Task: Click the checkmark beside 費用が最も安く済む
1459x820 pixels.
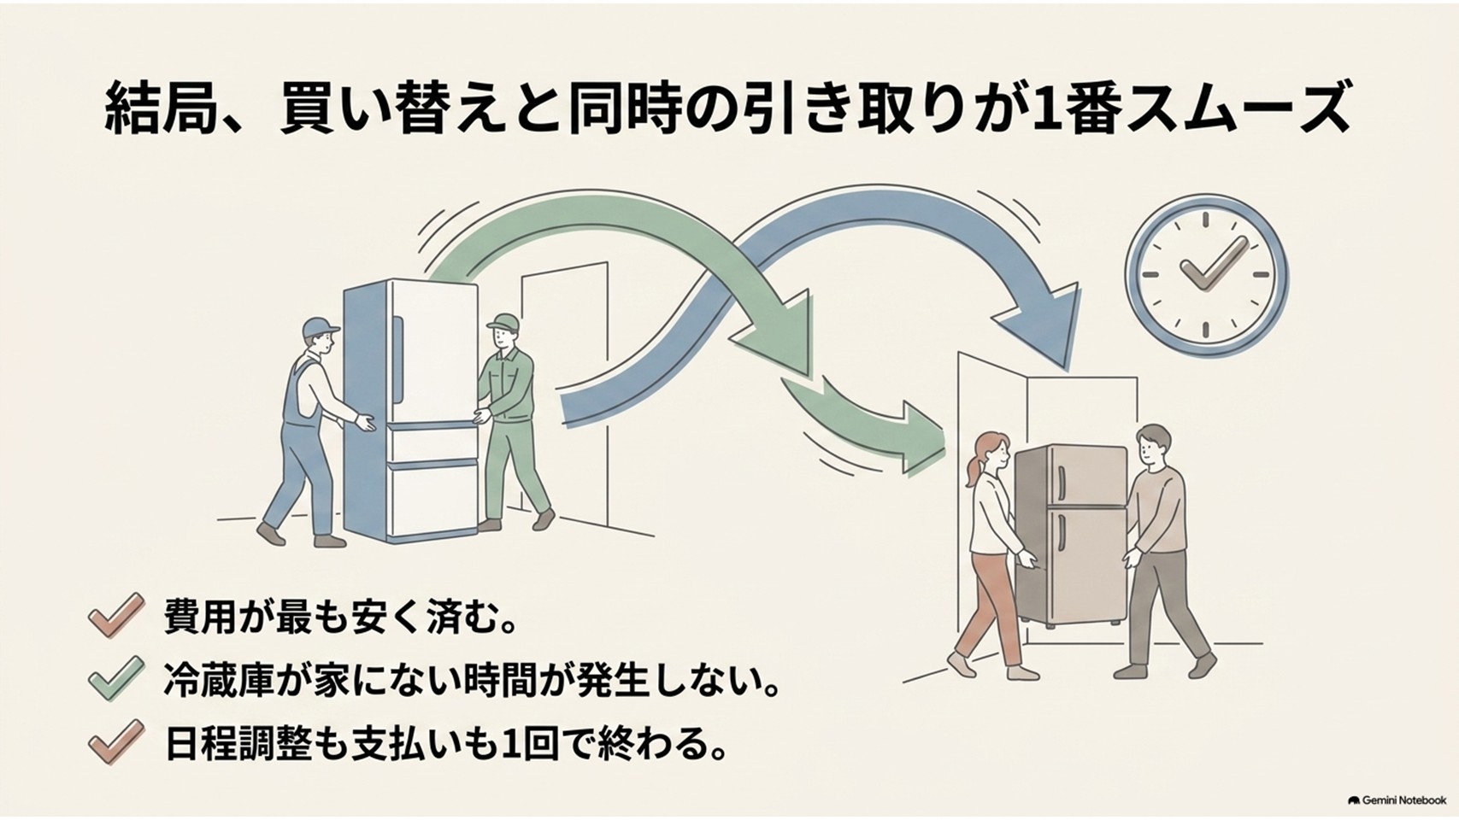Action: pyautogui.click(x=116, y=614)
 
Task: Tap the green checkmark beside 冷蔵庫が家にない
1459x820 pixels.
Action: pyautogui.click(x=116, y=677)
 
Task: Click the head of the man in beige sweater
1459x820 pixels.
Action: pyautogui.click(x=1151, y=444)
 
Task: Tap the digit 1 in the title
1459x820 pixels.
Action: pyautogui.click(x=1035, y=108)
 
